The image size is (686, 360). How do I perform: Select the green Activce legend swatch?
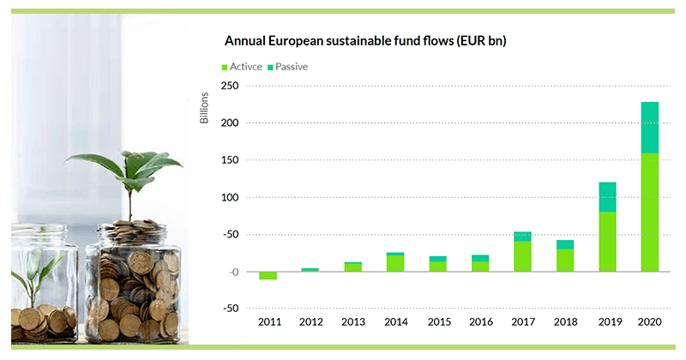point(226,66)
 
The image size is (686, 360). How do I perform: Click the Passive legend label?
point(292,66)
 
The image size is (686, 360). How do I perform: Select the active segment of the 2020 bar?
point(650,212)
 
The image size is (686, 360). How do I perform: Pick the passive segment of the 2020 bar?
point(650,128)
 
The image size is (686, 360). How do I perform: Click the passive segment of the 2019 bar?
point(607,196)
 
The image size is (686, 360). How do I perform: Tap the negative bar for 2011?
point(268,275)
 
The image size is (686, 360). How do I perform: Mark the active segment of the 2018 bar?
point(565,260)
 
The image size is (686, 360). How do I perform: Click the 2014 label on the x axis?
point(395,321)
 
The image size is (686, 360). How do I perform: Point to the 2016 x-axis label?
point(480,321)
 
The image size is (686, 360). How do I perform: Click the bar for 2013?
point(353,267)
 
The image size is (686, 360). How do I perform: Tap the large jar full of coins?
point(133,283)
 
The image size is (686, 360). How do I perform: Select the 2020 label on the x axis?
point(650,321)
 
